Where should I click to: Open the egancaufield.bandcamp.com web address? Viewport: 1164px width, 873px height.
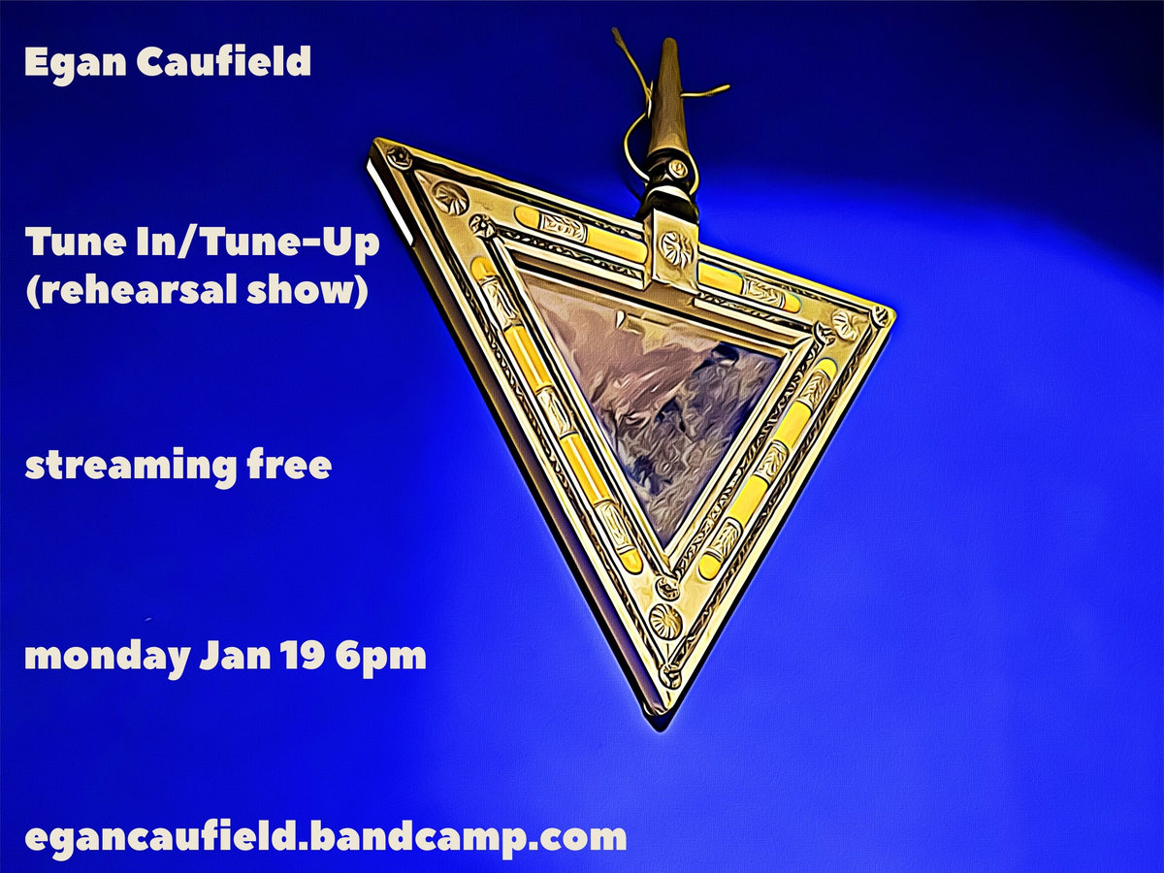point(326,838)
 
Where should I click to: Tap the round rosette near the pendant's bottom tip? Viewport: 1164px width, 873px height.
point(665,619)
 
